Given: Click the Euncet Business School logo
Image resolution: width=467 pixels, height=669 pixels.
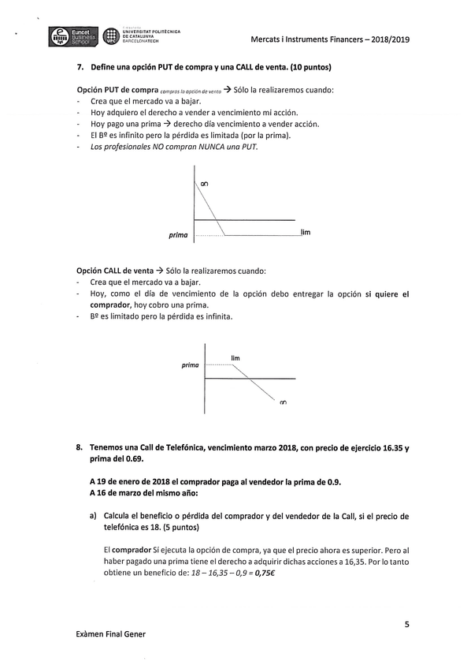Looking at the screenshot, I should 73,36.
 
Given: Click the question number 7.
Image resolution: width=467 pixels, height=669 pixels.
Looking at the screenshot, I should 80,67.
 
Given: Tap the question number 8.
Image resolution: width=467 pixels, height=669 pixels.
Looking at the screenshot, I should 80,447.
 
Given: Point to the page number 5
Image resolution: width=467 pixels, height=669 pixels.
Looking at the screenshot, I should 406,624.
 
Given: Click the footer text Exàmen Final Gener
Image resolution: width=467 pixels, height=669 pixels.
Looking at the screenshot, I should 110,633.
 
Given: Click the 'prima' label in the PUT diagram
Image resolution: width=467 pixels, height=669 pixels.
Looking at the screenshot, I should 178,235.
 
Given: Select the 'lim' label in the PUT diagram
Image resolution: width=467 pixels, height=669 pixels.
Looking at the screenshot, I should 306,232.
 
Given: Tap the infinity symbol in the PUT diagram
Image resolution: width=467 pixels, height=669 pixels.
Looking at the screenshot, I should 204,184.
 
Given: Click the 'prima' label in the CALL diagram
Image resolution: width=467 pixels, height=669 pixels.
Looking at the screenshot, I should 190,365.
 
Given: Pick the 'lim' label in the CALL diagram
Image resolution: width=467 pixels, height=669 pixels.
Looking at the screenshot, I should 235,358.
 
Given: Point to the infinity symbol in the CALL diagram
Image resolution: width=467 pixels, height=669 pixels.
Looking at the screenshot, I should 283,403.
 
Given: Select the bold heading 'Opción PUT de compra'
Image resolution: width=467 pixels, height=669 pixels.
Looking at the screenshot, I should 117,90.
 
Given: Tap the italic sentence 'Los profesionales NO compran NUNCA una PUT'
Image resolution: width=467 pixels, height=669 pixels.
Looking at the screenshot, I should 174,146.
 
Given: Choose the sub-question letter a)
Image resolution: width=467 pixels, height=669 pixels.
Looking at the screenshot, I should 94,516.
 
